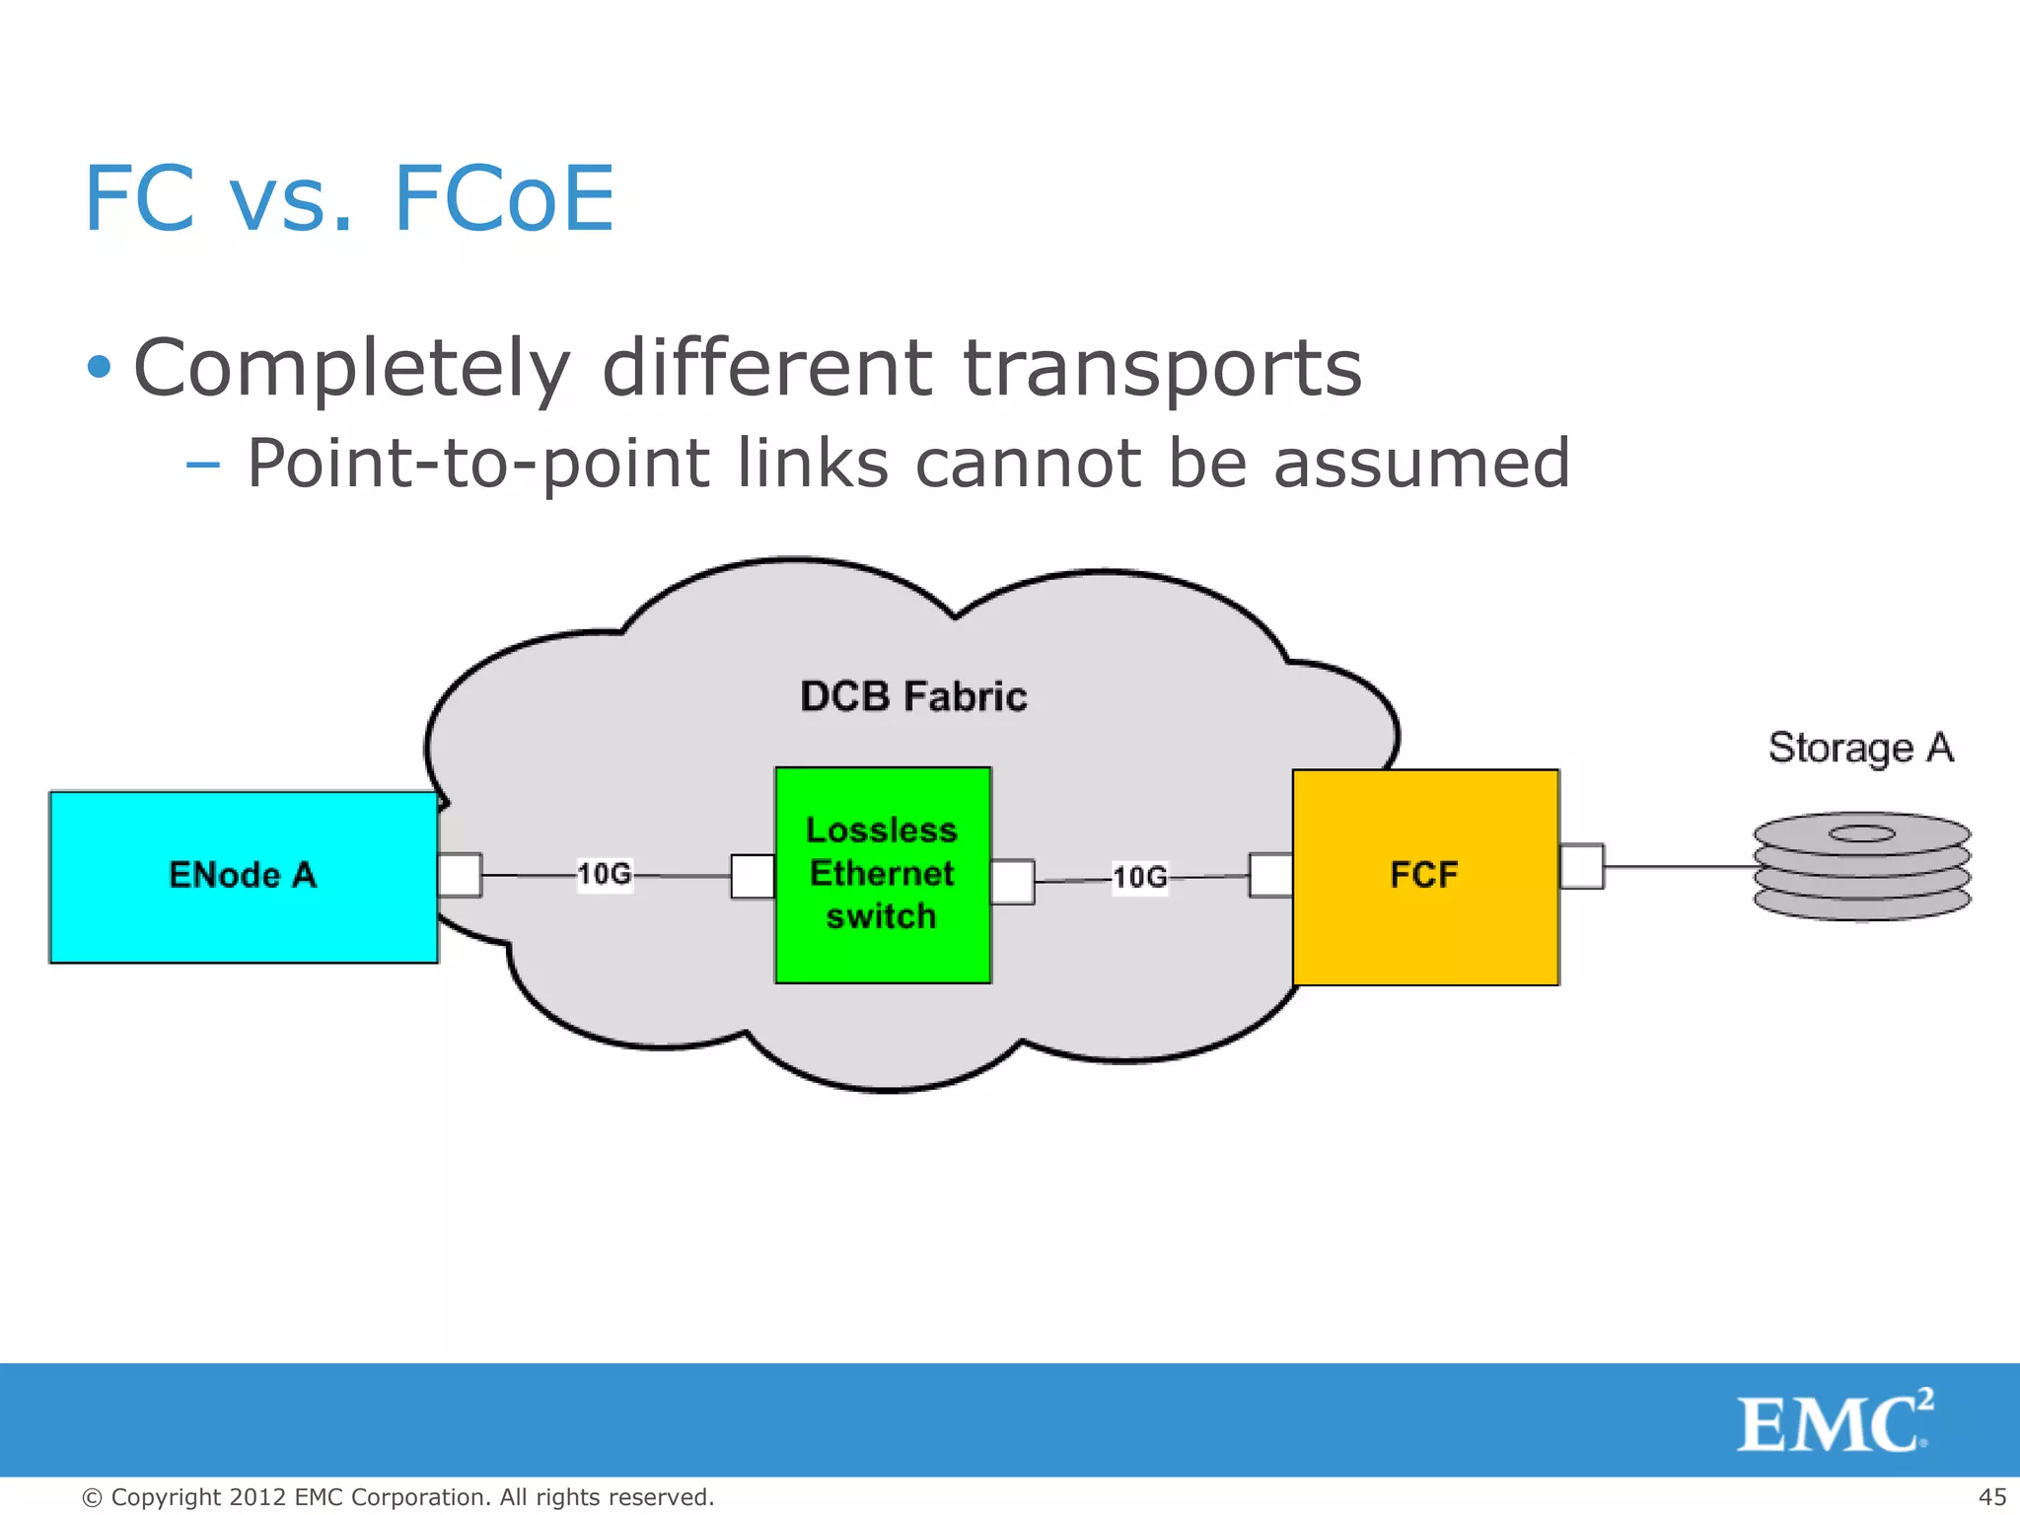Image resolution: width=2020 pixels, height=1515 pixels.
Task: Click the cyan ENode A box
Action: pyautogui.click(x=244, y=877)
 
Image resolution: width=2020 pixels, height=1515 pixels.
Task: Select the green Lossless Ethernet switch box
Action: pyautogui.click(x=883, y=875)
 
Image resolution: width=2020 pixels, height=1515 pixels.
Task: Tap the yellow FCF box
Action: pyautogui.click(x=1425, y=877)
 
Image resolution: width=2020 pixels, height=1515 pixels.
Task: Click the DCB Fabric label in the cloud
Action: pyautogui.click(x=913, y=696)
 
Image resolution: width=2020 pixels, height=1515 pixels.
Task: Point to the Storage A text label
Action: pyautogui.click(x=1860, y=748)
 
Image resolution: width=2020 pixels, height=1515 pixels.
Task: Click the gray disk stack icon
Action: pyautogui.click(x=1861, y=867)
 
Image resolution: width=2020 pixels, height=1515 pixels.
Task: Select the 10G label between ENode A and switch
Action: pyautogui.click(x=605, y=874)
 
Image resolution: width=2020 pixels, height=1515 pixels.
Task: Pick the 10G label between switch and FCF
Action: pyautogui.click(x=1140, y=877)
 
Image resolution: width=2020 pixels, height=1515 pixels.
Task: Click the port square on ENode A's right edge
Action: pyautogui.click(x=460, y=875)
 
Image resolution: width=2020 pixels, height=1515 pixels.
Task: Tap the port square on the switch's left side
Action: pyautogui.click(x=753, y=876)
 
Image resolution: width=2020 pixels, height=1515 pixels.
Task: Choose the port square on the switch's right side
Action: pyautogui.click(x=1013, y=881)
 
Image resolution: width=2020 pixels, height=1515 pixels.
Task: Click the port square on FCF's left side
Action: pyautogui.click(x=1270, y=875)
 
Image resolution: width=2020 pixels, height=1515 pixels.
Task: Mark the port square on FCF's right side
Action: pyautogui.click(x=1582, y=866)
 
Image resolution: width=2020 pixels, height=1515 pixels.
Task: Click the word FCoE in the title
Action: pyautogui.click(x=504, y=199)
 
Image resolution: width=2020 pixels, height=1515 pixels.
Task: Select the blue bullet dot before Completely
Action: pyautogui.click(x=99, y=368)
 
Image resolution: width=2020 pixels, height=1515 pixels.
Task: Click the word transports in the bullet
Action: pyautogui.click(x=1162, y=369)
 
